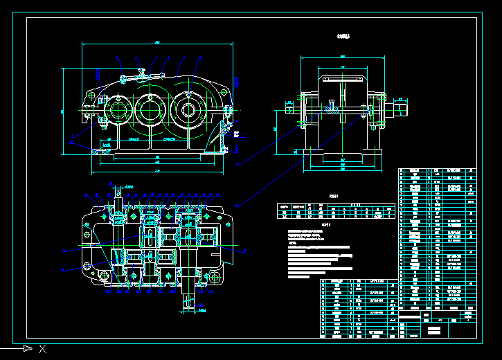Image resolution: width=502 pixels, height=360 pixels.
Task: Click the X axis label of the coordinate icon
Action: (43, 348)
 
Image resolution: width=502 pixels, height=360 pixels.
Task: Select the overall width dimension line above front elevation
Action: (158, 44)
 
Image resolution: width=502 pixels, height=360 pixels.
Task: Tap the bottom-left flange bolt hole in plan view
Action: (105, 276)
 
